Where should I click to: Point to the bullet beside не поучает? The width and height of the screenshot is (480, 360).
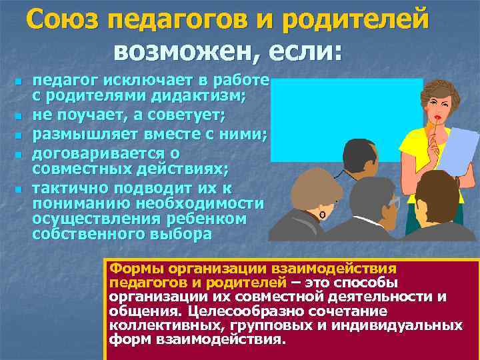point(19,118)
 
